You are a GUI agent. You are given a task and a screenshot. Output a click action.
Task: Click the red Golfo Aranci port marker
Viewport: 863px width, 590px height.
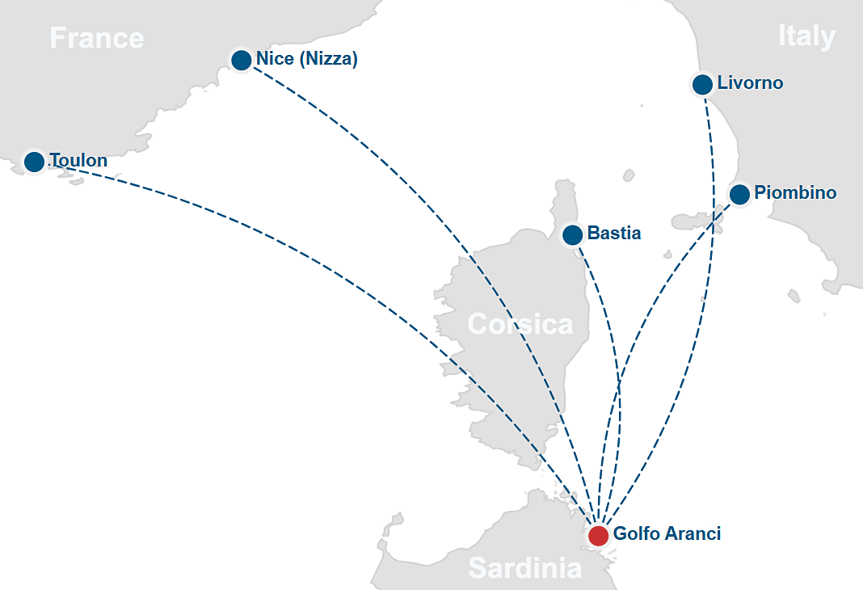click(598, 535)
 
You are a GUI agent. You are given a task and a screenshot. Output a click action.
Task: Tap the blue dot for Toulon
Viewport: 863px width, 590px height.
click(34, 162)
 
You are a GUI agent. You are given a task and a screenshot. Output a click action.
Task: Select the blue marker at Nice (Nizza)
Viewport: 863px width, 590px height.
click(241, 60)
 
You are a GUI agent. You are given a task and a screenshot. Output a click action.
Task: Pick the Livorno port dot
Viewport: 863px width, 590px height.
click(702, 84)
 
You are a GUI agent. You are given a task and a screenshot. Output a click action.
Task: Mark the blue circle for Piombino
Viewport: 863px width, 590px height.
click(739, 195)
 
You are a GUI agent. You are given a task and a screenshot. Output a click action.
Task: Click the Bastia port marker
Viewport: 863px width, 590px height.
click(572, 235)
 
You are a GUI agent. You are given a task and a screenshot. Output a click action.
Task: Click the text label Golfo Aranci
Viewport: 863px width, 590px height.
click(667, 533)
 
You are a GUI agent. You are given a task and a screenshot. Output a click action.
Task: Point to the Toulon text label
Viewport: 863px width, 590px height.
click(78, 161)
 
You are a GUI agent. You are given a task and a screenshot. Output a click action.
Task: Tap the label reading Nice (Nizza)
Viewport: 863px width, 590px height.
click(306, 59)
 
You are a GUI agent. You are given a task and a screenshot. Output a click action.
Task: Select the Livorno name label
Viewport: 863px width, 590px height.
click(750, 83)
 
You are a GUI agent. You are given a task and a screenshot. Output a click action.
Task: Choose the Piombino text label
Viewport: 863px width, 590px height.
click(795, 193)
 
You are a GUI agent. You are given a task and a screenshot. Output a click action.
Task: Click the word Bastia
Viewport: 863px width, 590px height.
click(614, 234)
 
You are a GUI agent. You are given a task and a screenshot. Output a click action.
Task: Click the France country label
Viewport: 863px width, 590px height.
click(97, 38)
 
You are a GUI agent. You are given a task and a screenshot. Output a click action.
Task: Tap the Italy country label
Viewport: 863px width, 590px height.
click(806, 36)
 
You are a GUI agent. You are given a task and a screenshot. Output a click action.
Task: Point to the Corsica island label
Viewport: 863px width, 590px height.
click(520, 325)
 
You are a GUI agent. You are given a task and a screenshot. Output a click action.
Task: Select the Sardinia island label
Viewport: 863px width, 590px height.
click(524, 568)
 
